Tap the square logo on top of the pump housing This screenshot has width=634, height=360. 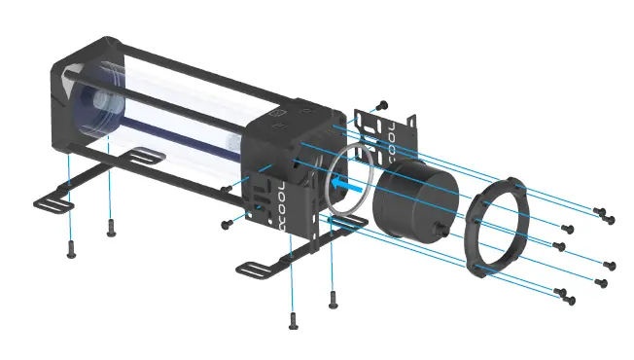coord(276,124)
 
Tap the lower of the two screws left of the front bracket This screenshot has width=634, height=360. coord(227,223)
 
